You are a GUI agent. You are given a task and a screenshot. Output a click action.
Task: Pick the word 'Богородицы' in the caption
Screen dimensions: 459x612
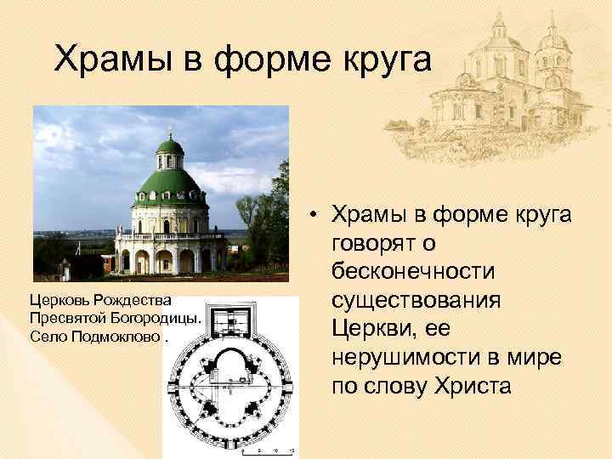point(158,316)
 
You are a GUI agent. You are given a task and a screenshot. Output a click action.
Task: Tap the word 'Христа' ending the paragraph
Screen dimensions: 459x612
point(462,387)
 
